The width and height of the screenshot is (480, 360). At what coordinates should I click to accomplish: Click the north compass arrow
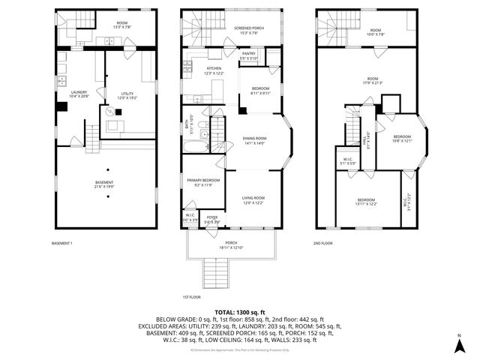pos(459,345)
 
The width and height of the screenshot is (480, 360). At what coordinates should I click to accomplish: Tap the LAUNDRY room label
pos(79,94)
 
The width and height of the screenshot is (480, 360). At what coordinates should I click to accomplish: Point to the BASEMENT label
pos(104,184)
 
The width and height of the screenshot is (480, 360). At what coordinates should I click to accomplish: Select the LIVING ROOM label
pos(253,199)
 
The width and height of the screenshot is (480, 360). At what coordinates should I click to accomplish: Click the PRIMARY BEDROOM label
pos(203,182)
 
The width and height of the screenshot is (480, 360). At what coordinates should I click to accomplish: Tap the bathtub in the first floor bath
pos(199,145)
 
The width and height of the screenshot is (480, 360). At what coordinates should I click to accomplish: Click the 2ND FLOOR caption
pos(322,243)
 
